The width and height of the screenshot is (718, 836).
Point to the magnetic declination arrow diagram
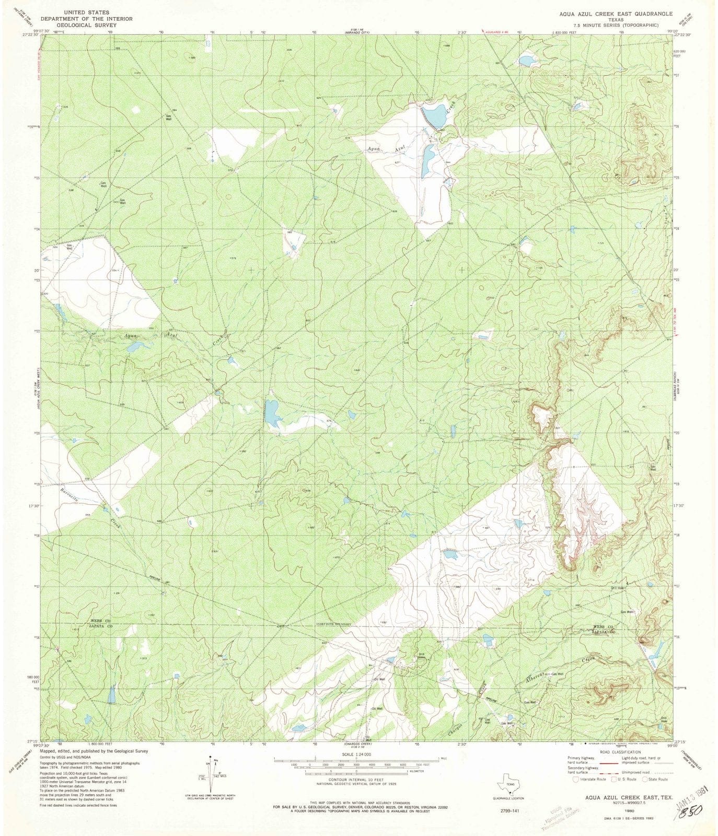[211, 777]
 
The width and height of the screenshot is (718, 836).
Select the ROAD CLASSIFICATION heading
[619, 752]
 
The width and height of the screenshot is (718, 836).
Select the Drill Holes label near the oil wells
[422, 656]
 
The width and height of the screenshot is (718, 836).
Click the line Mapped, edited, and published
[94, 751]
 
